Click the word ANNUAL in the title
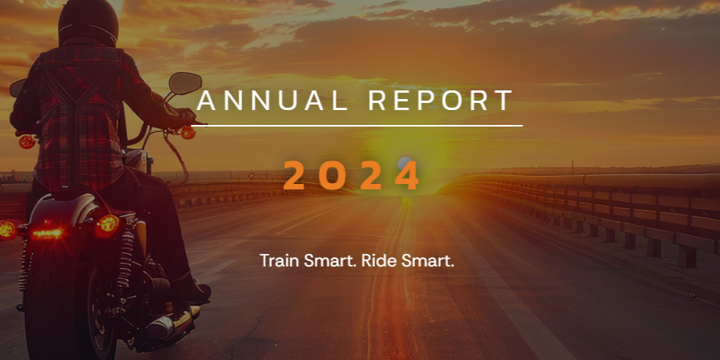pyautogui.click(x=272, y=101)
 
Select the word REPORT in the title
pyautogui.click(x=441, y=101)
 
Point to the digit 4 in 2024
pyautogui.click(x=407, y=175)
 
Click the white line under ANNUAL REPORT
pyautogui.click(x=357, y=125)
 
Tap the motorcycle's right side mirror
pyautogui.click(x=185, y=83)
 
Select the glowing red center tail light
pyautogui.click(x=47, y=233)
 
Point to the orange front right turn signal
pyautogui.click(x=188, y=133)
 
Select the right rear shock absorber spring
pyautogui.click(x=124, y=262)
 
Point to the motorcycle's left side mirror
pyautogui.click(x=17, y=87)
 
